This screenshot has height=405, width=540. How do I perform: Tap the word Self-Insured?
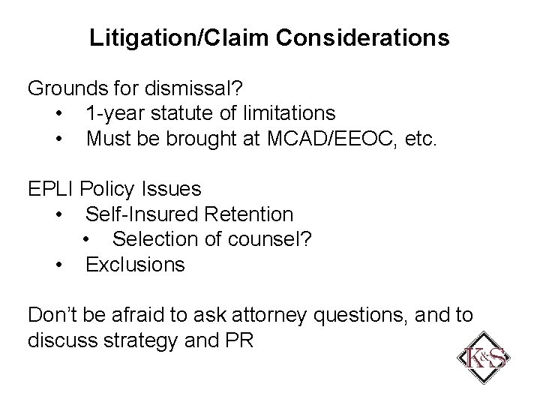click(x=138, y=214)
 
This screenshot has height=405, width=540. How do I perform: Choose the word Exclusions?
click(x=135, y=265)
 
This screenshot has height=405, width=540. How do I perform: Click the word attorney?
click(x=269, y=316)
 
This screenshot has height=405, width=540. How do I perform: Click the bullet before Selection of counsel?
click(x=87, y=240)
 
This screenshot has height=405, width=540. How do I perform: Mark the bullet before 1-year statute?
click(x=59, y=114)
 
